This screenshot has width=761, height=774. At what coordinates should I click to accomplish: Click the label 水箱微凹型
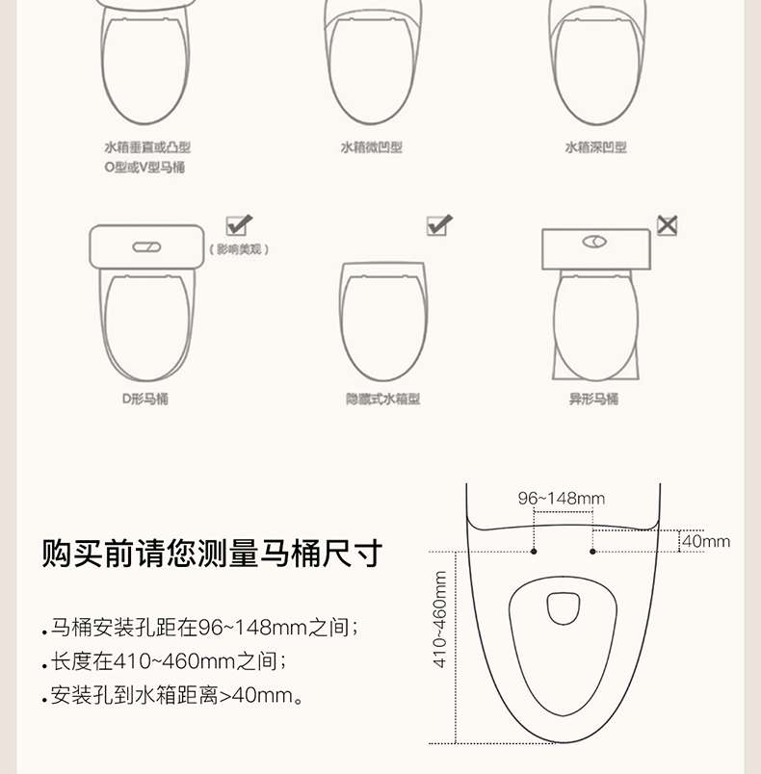[x=372, y=147]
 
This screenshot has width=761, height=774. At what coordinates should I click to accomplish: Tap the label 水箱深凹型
[x=596, y=147]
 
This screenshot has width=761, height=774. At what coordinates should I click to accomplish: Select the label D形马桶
[x=145, y=399]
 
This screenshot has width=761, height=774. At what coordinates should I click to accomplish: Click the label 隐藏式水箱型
[x=382, y=399]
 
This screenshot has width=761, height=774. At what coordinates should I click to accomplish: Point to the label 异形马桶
[x=593, y=399]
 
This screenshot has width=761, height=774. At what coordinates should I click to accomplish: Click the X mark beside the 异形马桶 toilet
[x=667, y=225]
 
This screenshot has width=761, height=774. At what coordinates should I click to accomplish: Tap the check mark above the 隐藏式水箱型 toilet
[x=439, y=225]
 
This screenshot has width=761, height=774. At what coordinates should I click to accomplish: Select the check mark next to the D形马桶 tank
[x=239, y=225]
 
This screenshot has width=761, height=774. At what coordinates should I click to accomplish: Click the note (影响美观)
[x=239, y=248]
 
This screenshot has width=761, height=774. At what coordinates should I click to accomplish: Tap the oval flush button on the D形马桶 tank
[x=146, y=246]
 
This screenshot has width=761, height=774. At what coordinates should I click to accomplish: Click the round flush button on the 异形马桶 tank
[x=594, y=242]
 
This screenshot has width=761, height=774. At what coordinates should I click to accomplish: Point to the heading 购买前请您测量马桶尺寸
[x=212, y=554]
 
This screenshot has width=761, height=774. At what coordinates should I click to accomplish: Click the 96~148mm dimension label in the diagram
[x=562, y=498]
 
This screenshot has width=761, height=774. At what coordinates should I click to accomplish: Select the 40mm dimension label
[x=706, y=541]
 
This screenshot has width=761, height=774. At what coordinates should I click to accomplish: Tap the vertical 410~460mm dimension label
[x=439, y=620]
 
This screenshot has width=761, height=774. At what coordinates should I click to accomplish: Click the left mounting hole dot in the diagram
[x=534, y=552]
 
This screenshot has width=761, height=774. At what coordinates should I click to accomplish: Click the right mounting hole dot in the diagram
[x=592, y=552]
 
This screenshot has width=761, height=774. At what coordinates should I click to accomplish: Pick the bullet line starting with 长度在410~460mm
[x=165, y=661]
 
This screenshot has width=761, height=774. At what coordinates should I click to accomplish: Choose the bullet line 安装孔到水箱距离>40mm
[x=172, y=695]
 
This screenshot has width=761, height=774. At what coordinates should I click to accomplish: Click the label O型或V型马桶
[x=144, y=168]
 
